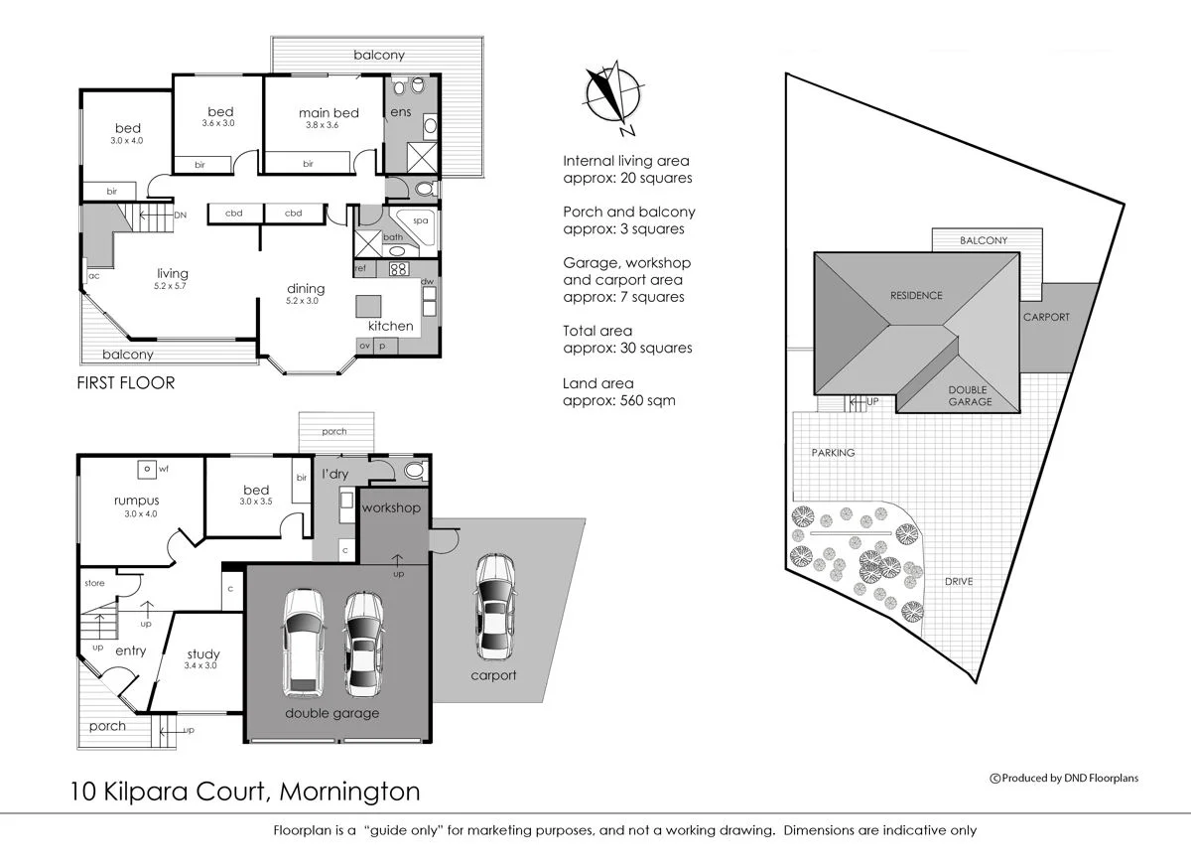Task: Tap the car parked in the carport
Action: click(493, 607)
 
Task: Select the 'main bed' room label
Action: click(329, 113)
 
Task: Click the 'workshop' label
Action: click(391, 508)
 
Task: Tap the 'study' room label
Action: click(202, 654)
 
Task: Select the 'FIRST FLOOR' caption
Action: click(125, 383)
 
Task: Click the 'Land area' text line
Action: click(597, 383)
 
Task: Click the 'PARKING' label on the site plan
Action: click(832, 453)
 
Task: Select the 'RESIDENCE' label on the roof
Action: click(916, 295)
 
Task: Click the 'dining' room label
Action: click(306, 289)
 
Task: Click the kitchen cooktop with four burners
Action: click(398, 269)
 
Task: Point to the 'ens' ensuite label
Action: click(400, 112)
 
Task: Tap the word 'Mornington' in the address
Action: click(349, 792)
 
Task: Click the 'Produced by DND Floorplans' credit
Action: click(1064, 778)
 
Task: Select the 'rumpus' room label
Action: click(136, 501)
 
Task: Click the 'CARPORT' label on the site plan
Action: click(1046, 317)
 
